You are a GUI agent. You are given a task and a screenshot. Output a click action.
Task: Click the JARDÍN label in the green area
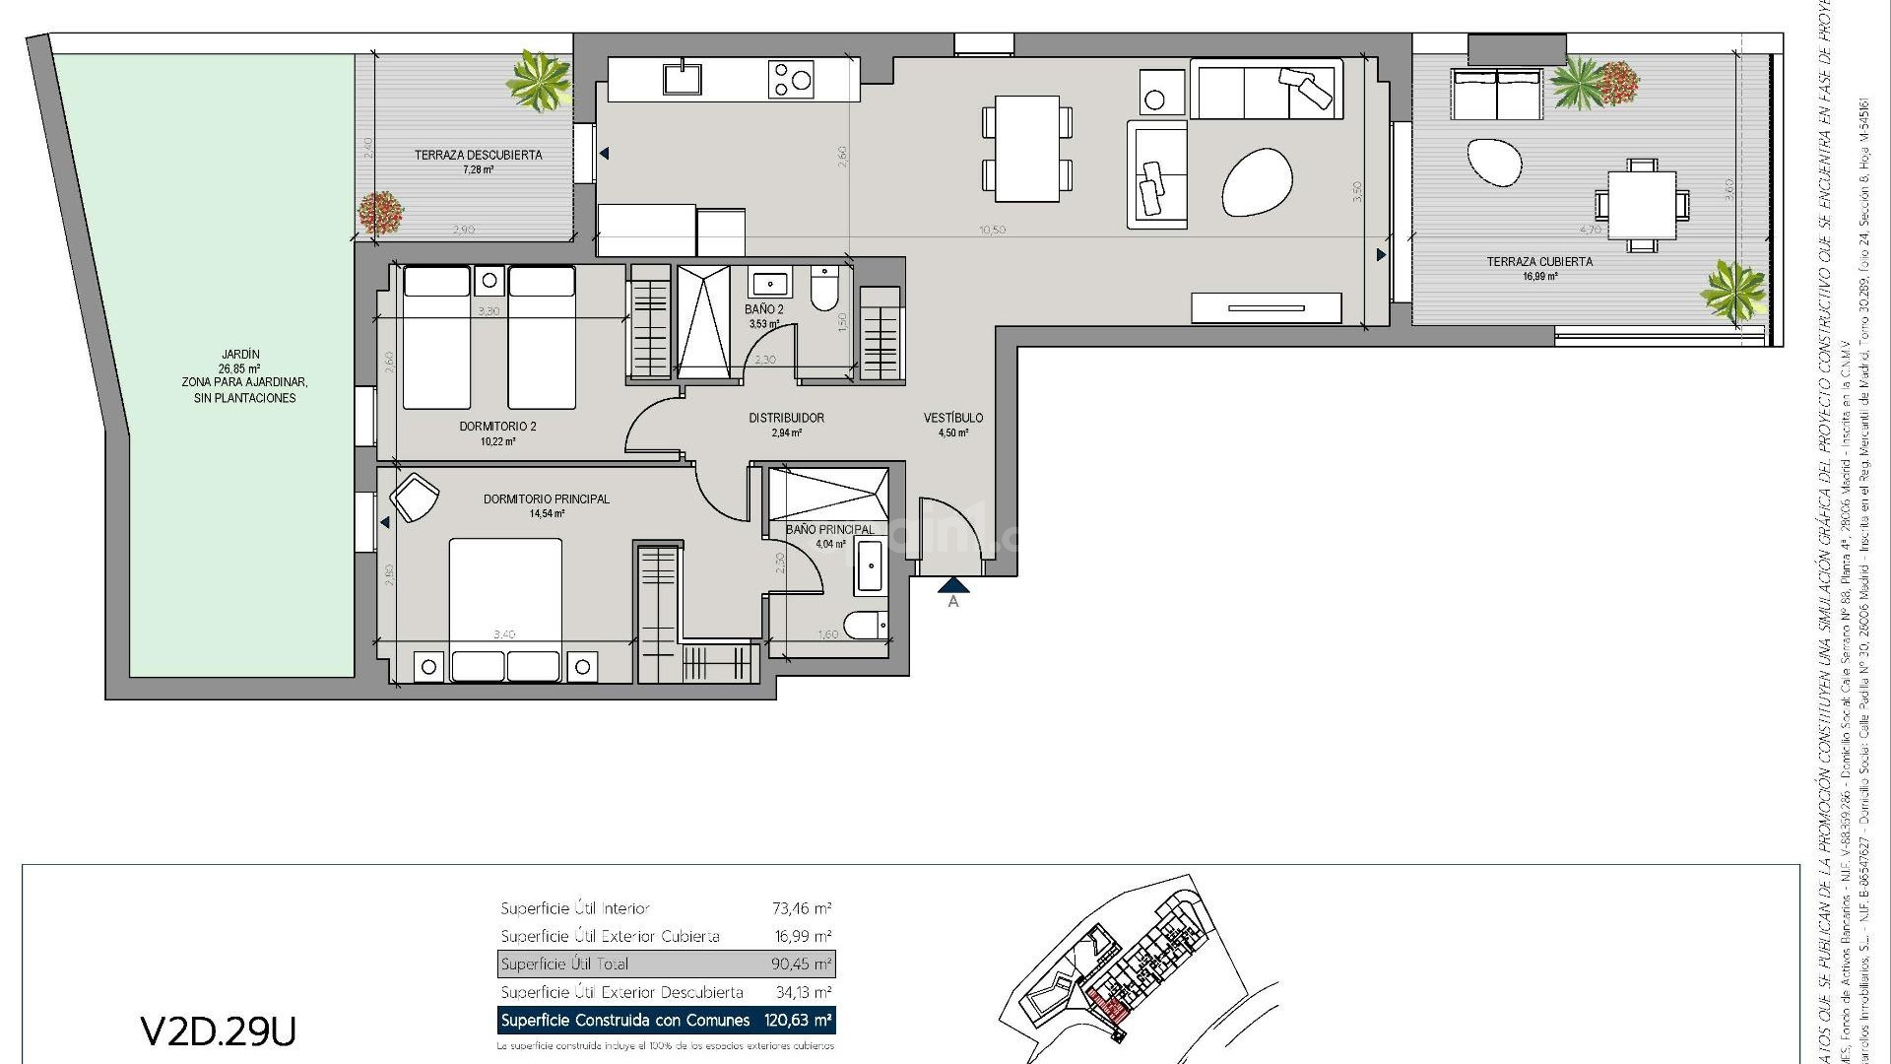[x=240, y=355]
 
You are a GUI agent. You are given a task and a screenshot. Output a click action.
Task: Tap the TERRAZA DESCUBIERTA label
[x=478, y=156]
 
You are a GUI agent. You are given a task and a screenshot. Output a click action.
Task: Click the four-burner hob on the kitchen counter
[x=792, y=79]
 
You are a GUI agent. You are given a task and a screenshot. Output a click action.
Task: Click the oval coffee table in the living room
[x=1257, y=181]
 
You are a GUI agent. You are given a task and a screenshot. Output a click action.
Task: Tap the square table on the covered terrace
[x=1641, y=205]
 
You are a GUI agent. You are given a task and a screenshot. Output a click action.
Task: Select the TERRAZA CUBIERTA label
[x=1538, y=262]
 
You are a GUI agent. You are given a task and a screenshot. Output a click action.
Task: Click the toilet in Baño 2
[x=823, y=290]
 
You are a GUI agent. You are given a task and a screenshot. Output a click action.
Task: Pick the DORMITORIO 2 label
[x=497, y=427]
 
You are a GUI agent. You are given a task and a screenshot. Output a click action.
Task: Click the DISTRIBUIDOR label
[x=786, y=418]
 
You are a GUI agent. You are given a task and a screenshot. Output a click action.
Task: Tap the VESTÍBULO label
[x=952, y=418]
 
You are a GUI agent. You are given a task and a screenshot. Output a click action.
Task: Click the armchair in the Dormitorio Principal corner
[x=414, y=497]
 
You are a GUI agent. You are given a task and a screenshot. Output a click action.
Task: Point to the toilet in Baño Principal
[x=867, y=625]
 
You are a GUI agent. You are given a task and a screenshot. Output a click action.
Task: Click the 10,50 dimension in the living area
[x=992, y=230]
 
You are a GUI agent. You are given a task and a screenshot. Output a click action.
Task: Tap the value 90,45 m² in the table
[x=801, y=964]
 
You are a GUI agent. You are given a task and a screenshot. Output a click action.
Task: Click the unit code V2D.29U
[x=218, y=1031]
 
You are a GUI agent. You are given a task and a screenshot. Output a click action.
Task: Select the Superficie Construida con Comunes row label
[x=624, y=1021]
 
